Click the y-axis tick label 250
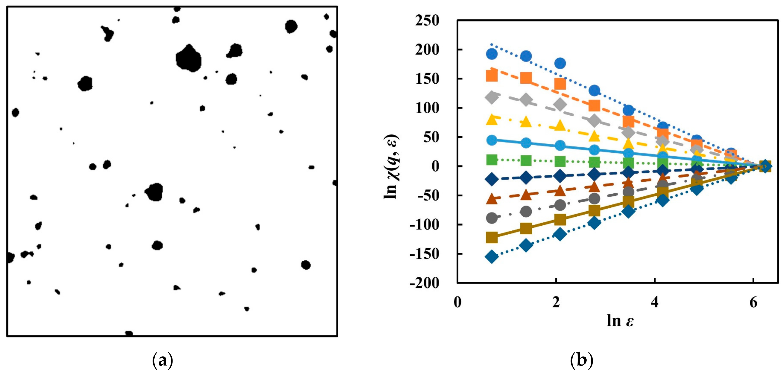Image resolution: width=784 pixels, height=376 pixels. (x=427, y=21)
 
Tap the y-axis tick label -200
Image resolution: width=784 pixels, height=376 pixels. (x=425, y=283)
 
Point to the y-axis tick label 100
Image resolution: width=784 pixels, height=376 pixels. (x=427, y=108)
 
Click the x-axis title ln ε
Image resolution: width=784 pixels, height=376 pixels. (x=620, y=321)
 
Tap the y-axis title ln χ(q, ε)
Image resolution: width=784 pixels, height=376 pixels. (x=391, y=167)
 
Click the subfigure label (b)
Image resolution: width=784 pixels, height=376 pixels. (x=581, y=360)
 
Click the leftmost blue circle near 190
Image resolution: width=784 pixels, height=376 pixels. (x=492, y=54)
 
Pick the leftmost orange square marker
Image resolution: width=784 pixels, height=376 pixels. (x=492, y=76)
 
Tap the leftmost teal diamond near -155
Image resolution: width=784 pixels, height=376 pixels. (x=492, y=257)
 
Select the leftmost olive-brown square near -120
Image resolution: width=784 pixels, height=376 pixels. (x=492, y=237)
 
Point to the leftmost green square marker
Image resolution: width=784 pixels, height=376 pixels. (x=492, y=159)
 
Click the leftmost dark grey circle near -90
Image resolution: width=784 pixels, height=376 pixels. (x=492, y=218)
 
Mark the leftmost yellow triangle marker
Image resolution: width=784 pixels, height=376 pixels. (x=492, y=119)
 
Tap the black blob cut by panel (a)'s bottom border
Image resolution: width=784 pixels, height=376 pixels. (x=129, y=333)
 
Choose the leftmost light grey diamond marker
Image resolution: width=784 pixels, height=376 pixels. (x=492, y=98)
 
